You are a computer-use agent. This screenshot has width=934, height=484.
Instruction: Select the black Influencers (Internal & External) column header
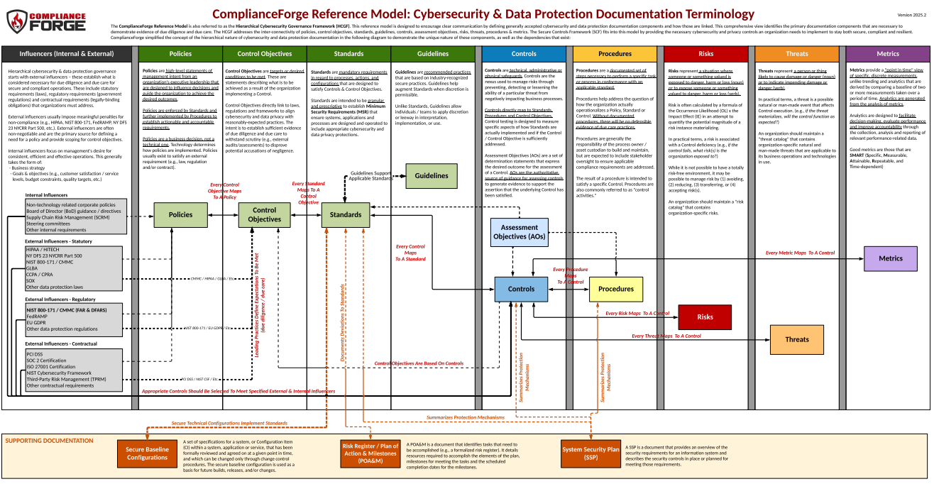(66, 54)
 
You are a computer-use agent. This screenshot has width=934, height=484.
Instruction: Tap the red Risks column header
(705, 54)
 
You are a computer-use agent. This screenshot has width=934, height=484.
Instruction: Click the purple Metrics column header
(887, 54)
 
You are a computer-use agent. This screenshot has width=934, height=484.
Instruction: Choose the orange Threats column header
(796, 54)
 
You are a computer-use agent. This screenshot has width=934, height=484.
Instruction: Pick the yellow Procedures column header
(615, 54)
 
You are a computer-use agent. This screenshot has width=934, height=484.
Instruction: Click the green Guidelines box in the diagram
(432, 176)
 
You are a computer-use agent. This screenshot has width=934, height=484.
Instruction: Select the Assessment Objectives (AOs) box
(520, 232)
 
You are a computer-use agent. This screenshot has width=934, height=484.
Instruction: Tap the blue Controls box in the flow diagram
(522, 290)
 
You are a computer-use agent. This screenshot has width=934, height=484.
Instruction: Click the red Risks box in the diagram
(705, 317)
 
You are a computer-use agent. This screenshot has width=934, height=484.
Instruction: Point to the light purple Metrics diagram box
(891, 258)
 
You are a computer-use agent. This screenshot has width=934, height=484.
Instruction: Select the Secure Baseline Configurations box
(147, 453)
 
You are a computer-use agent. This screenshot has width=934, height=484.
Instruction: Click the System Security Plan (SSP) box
(590, 453)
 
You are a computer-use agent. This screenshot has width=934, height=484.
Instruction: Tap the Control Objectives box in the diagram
(264, 215)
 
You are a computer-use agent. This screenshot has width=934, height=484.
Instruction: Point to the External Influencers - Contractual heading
(62, 344)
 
